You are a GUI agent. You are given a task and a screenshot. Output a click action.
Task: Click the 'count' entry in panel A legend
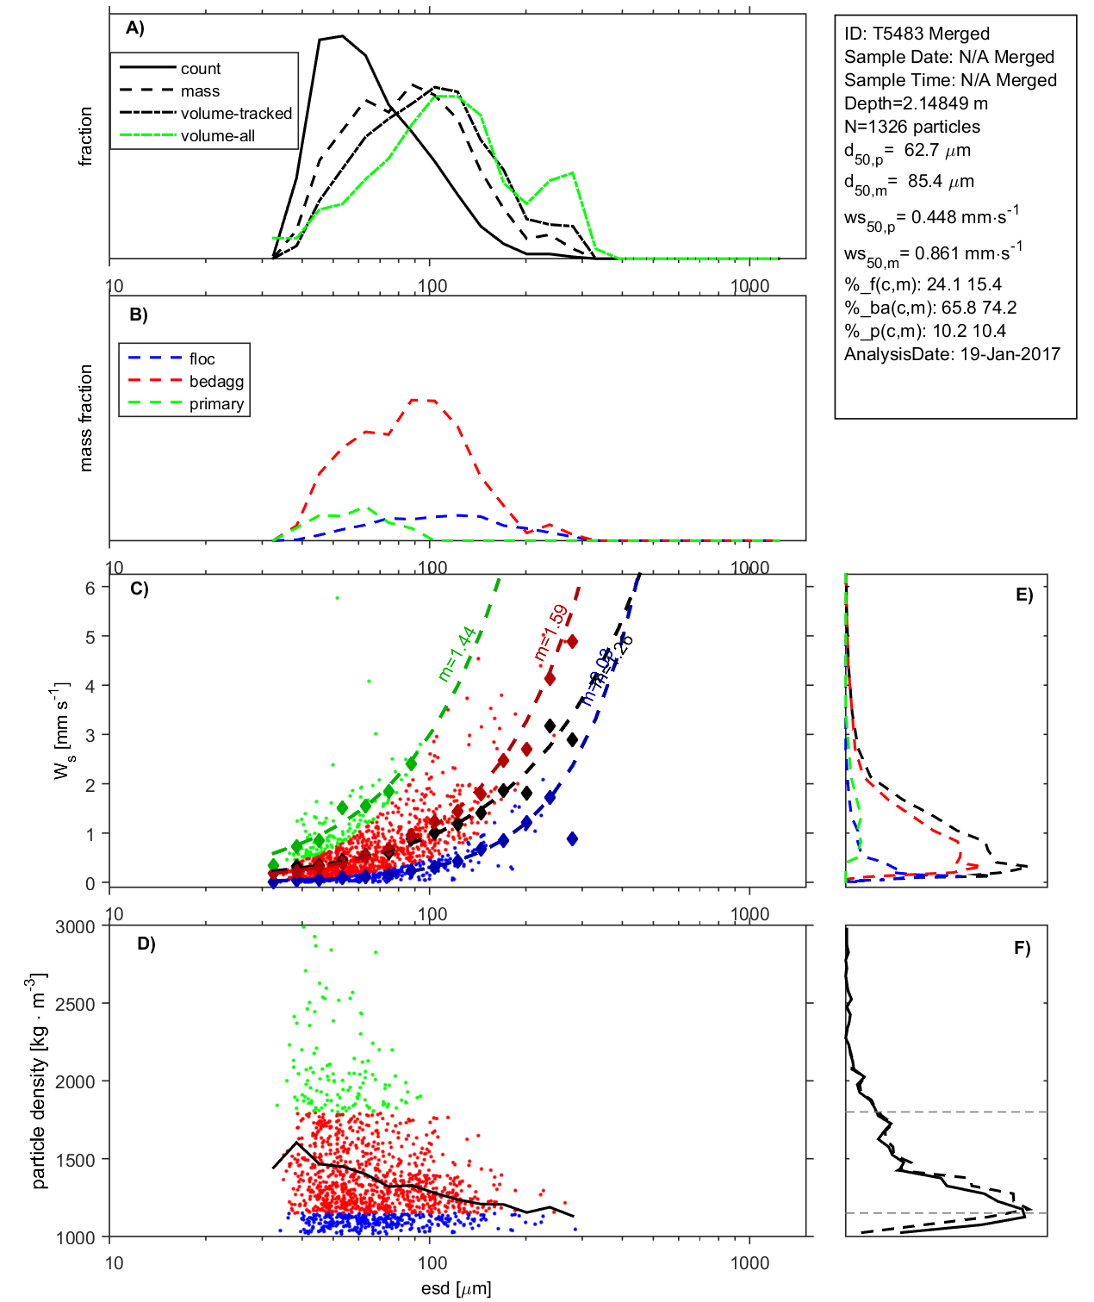coord(200,69)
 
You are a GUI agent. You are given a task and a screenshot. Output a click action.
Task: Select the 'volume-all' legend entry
coord(217,136)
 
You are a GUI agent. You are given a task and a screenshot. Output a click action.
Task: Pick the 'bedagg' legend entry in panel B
coord(216,382)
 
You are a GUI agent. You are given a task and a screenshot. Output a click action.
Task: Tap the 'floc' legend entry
coord(202,359)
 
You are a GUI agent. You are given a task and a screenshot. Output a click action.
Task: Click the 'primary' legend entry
coord(216,404)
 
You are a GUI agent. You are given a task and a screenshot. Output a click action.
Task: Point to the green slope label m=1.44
coord(457,654)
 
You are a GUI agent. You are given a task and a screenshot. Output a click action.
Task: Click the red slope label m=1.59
coord(550,632)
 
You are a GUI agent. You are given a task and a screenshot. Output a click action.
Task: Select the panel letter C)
coord(139,589)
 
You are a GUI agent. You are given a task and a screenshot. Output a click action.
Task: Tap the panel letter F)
coord(1022,949)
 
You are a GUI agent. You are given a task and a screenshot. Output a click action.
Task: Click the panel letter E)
coord(1023,595)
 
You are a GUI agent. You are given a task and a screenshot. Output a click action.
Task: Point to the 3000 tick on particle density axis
coord(75,927)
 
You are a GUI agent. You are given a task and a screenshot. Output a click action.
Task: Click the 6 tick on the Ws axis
coord(90,588)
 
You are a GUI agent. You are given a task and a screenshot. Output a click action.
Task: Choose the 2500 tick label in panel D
coord(75,1005)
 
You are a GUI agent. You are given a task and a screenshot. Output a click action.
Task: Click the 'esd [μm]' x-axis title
coord(456,1289)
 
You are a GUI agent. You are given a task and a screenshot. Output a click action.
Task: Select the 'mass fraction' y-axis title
coord(85,418)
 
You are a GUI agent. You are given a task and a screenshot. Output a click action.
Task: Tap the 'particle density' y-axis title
coord(38,1081)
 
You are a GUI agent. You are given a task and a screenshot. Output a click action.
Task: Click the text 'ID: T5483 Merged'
coord(917,34)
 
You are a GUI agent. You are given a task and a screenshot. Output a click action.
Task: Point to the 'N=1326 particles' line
coord(911,127)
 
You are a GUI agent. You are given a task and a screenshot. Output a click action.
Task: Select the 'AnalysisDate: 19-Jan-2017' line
coord(952,354)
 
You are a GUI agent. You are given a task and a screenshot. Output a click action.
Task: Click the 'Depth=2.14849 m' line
coord(916,103)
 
